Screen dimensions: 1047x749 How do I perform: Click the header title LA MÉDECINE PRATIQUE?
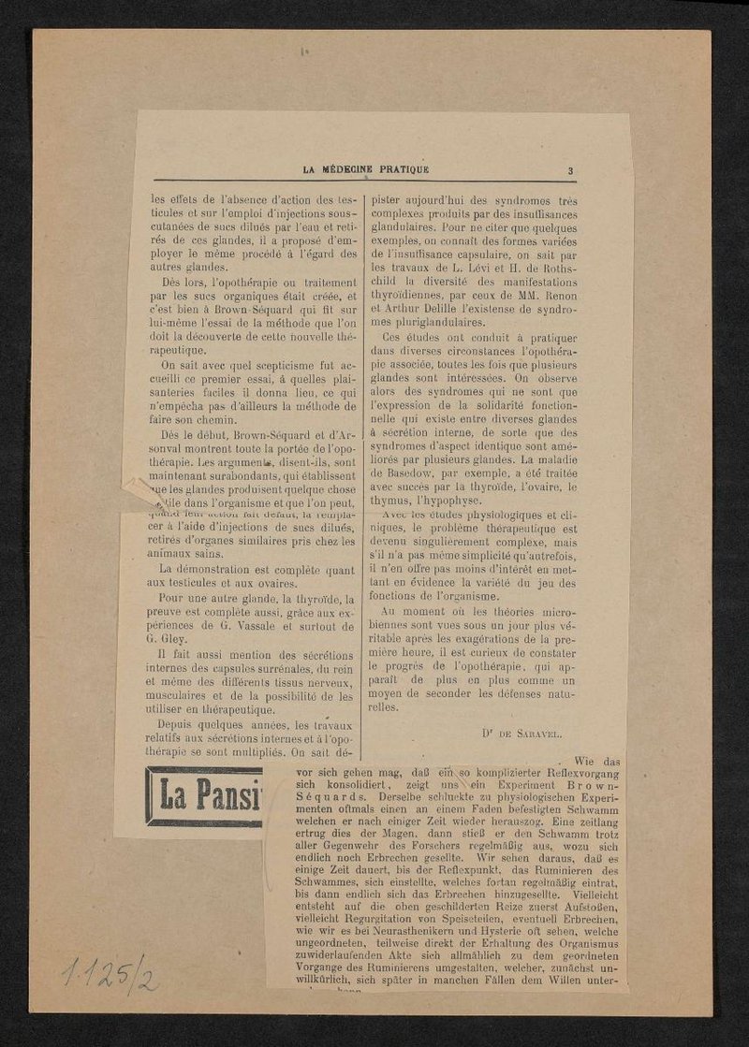(366, 169)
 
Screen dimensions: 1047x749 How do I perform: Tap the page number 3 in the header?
(569, 170)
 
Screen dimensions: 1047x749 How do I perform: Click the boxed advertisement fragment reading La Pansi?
(205, 797)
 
